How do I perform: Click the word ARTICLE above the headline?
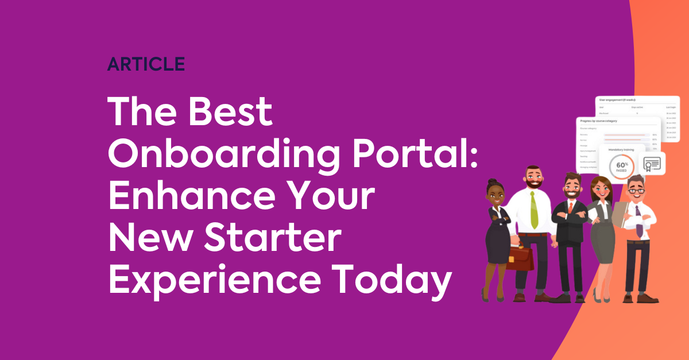(146, 64)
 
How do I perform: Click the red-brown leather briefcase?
(520, 258)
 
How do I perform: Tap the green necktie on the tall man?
(533, 210)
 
